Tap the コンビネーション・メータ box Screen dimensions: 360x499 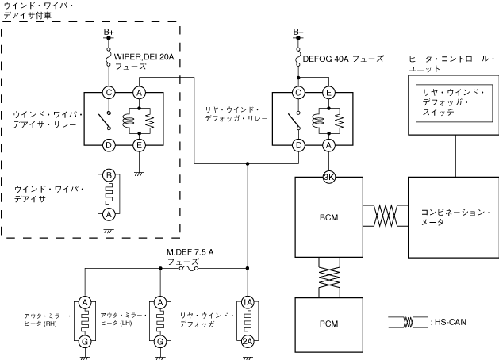coord(453,216)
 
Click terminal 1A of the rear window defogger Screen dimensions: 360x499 coord(248,303)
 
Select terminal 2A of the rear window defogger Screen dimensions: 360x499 coord(248,342)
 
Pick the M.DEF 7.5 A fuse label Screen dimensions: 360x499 coord(190,256)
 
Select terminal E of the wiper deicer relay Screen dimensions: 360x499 coord(140,145)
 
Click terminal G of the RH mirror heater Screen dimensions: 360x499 coord(84,342)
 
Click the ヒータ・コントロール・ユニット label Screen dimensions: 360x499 coord(451,63)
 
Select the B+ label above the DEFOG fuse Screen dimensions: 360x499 coord(298,33)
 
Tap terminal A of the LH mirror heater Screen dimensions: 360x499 coord(161,303)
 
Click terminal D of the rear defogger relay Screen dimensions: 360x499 coord(298,145)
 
